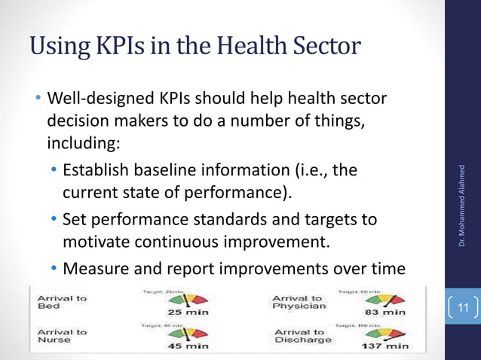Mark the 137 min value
click(384, 346)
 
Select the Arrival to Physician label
click(299, 302)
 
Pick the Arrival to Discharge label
click(303, 336)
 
